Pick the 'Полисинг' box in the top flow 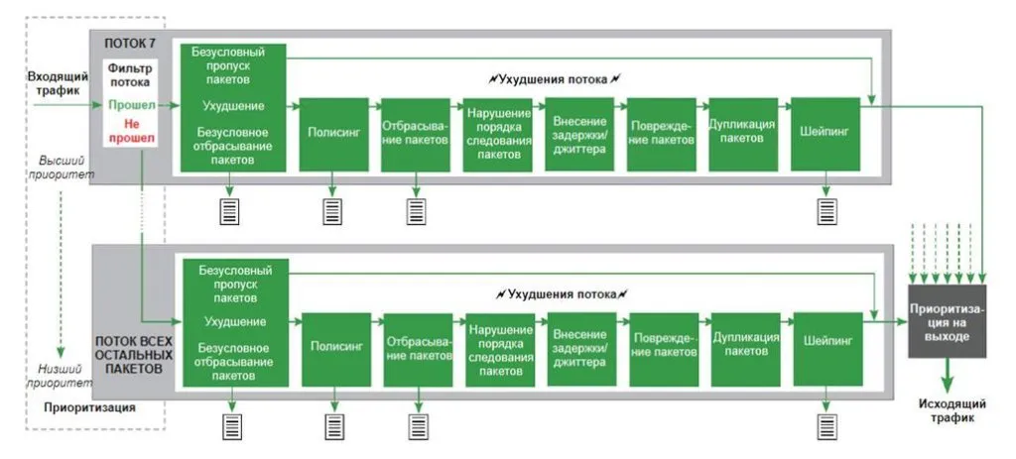[x=333, y=133]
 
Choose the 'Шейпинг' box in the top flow [x=824, y=133]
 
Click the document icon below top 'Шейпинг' [x=825, y=211]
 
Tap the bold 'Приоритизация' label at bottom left [x=89, y=407]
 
